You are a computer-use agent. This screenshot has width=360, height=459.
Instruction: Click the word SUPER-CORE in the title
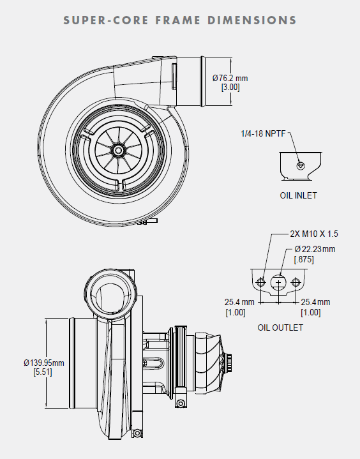click(x=104, y=20)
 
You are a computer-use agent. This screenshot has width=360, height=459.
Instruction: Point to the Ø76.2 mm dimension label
click(x=230, y=79)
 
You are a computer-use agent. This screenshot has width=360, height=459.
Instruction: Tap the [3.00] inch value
click(x=230, y=87)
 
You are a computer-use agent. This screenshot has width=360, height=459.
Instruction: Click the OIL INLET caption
click(x=298, y=195)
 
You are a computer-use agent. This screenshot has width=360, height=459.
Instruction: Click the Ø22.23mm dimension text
click(x=315, y=249)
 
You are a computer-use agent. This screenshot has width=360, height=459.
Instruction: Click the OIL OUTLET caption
click(x=280, y=327)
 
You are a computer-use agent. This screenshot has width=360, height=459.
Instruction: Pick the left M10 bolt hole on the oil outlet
click(x=260, y=282)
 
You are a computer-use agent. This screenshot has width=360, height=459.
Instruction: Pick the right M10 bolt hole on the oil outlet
click(x=295, y=282)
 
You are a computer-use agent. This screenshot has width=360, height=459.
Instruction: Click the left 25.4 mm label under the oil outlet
click(x=239, y=302)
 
